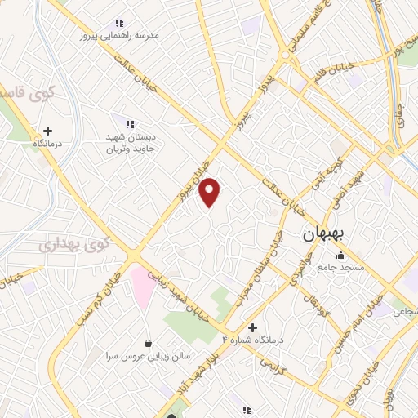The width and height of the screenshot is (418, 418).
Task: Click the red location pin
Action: (x=211, y=192)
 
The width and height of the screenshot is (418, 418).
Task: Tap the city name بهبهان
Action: (x=325, y=234)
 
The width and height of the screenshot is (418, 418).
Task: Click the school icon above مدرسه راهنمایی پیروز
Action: (x=119, y=23)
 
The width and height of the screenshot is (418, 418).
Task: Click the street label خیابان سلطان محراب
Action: (x=260, y=269)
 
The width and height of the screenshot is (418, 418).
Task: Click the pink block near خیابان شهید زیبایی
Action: (x=141, y=286)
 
